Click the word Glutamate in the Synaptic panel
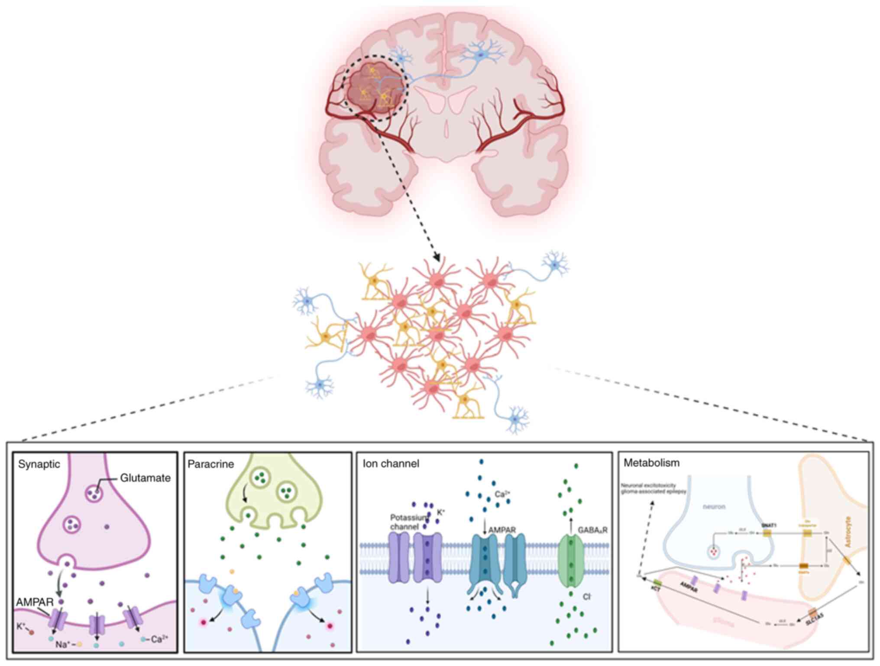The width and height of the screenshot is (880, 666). (145, 478)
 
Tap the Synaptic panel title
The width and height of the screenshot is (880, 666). (39, 464)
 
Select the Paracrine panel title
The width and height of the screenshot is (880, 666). (210, 464)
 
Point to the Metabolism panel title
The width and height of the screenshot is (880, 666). (651, 463)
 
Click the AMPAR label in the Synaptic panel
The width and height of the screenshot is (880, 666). (35, 602)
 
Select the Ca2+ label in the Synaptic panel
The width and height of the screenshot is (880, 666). (160, 638)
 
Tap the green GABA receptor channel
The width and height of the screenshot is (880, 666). (571, 560)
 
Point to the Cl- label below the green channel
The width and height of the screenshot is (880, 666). (587, 597)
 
